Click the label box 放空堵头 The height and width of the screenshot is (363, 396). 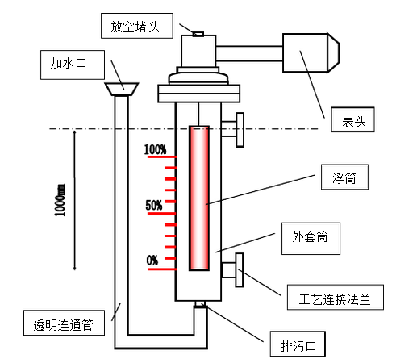coord(137,26)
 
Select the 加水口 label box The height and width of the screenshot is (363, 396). coord(73,65)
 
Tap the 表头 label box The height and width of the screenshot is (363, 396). coord(352,119)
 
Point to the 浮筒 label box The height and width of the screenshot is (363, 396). coord(344,177)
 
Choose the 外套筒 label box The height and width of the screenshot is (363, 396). coord(311,239)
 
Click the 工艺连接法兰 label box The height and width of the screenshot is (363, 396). coord(336,297)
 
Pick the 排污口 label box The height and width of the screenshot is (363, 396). coord(298,344)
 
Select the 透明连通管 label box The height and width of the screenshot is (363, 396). coord(64,323)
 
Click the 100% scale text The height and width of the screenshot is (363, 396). coord(155,149)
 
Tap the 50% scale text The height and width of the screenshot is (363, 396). coord(154,206)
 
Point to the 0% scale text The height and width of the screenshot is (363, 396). coord(152,261)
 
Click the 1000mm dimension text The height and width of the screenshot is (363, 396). coord(60,200)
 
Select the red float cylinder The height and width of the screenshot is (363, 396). coord(199,198)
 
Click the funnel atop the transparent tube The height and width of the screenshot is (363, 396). coord(122,89)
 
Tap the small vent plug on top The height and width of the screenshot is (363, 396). coord(198,34)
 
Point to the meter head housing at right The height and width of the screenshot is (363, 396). coord(311,53)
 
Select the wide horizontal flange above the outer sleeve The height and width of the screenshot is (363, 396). coord(199,94)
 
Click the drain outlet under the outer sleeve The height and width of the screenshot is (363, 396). coord(201,303)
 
